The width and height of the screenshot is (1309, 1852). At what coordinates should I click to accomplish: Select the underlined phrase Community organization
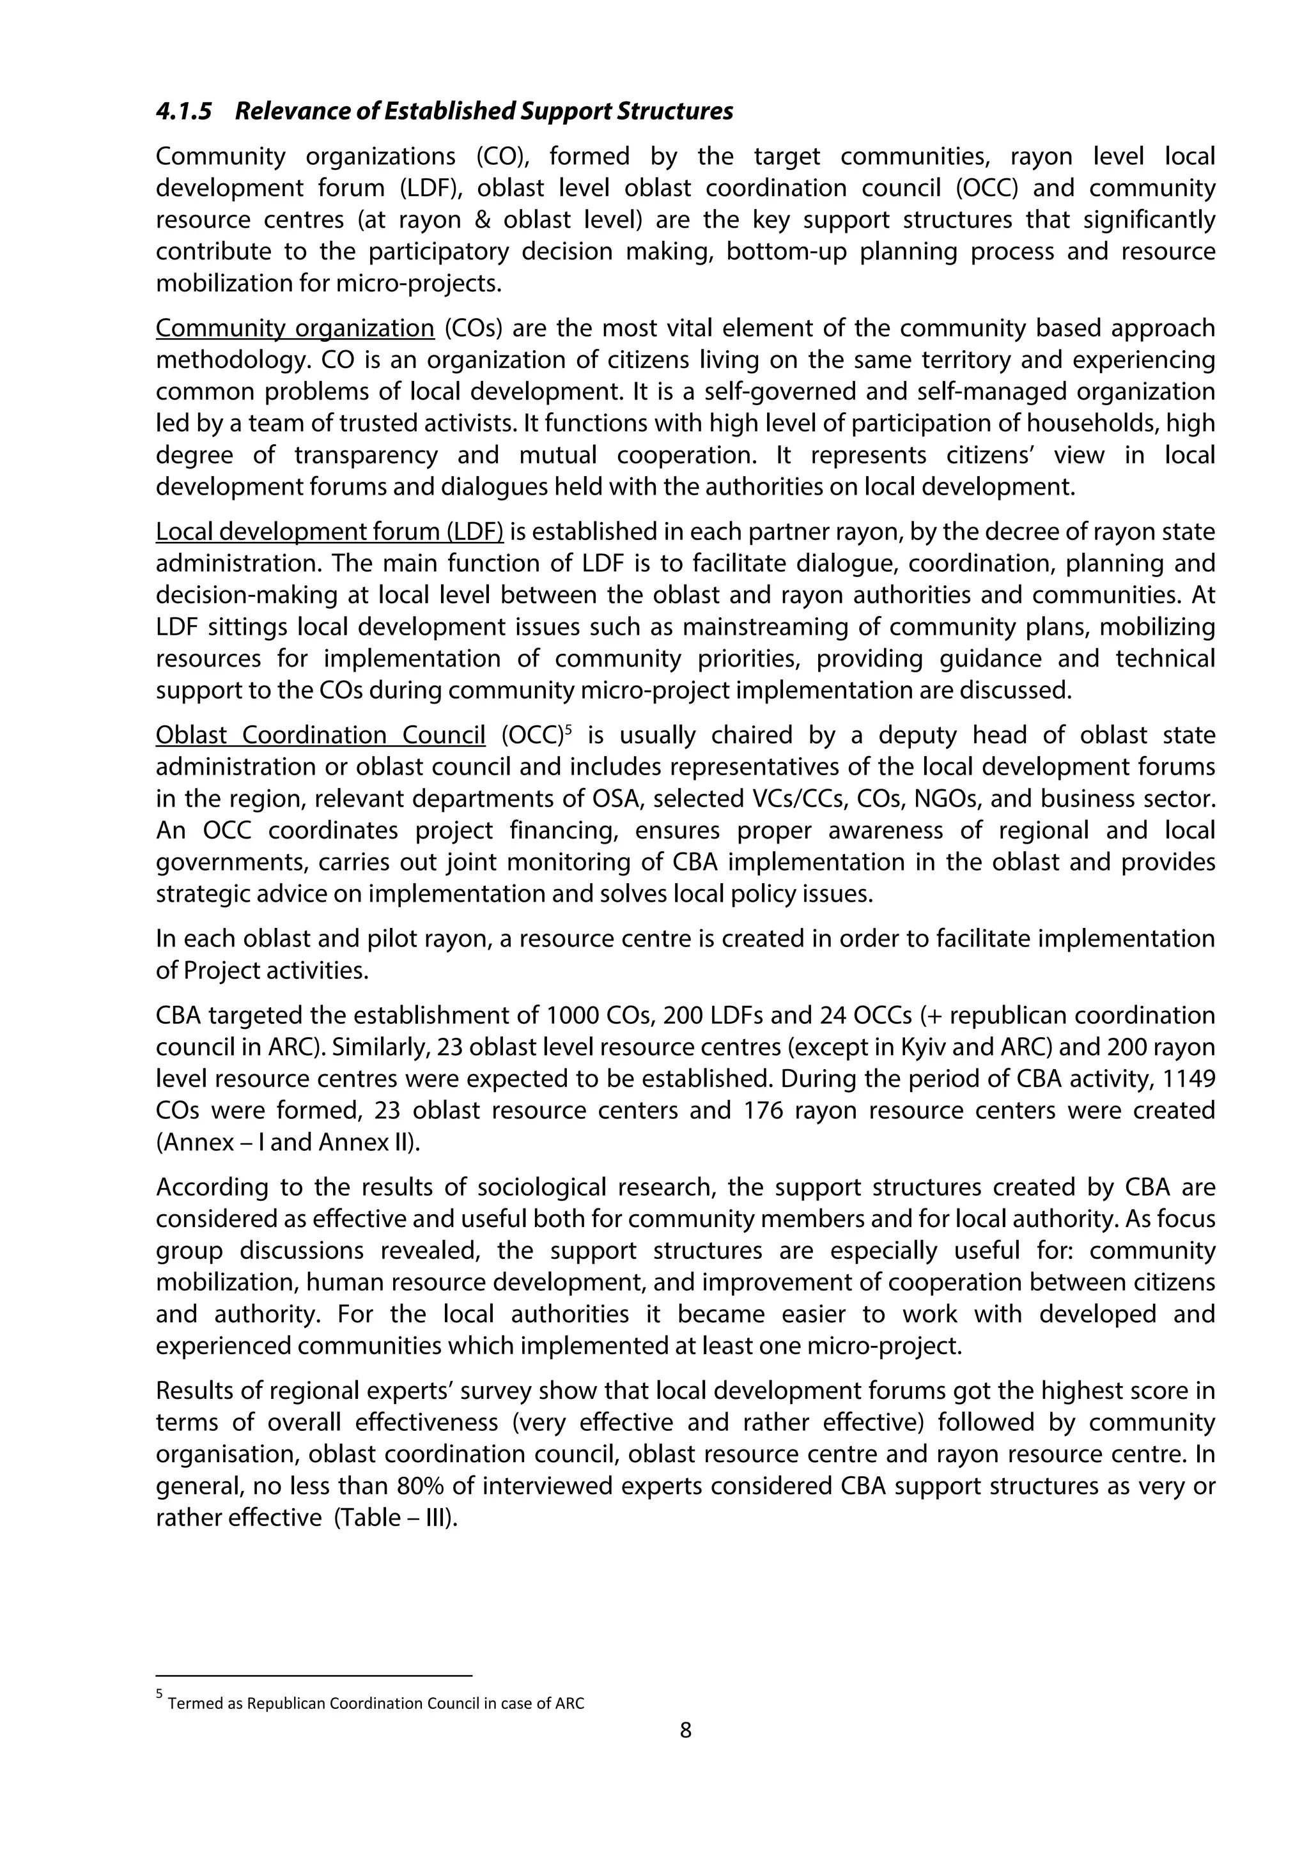295,328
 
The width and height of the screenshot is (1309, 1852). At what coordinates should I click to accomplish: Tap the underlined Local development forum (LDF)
329,532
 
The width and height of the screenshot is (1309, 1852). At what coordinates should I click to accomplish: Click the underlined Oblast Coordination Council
320,735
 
